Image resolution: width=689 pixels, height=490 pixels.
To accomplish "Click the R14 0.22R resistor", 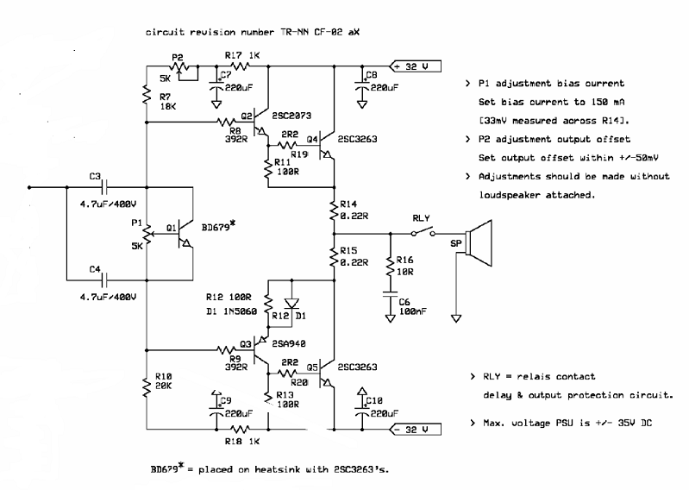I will point(333,208).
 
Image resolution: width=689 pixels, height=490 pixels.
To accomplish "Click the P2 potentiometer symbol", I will point(178,66).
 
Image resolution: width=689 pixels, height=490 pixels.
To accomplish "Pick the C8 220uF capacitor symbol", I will point(362,85).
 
